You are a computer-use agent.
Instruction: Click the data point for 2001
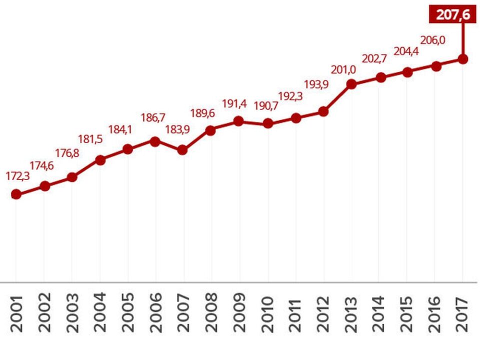click(x=16, y=194)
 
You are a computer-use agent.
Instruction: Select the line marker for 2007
click(x=182, y=150)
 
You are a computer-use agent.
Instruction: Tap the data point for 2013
click(x=351, y=84)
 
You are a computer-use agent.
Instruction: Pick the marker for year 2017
click(x=463, y=59)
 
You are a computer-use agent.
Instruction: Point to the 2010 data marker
click(x=268, y=123)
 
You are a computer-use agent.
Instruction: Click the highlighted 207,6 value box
click(x=453, y=15)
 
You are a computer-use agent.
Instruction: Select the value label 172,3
click(x=18, y=176)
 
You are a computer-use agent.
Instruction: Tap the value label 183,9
click(x=178, y=129)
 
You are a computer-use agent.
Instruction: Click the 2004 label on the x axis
click(x=100, y=314)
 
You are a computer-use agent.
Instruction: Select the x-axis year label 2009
click(x=239, y=314)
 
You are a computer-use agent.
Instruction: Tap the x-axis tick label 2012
click(x=323, y=314)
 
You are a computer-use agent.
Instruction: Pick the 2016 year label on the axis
click(x=435, y=314)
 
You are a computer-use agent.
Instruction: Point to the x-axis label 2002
click(x=44, y=314)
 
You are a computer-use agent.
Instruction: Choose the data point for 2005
click(x=127, y=149)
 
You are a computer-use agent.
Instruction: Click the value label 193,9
click(x=316, y=84)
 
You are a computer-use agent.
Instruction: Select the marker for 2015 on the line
click(x=407, y=72)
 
